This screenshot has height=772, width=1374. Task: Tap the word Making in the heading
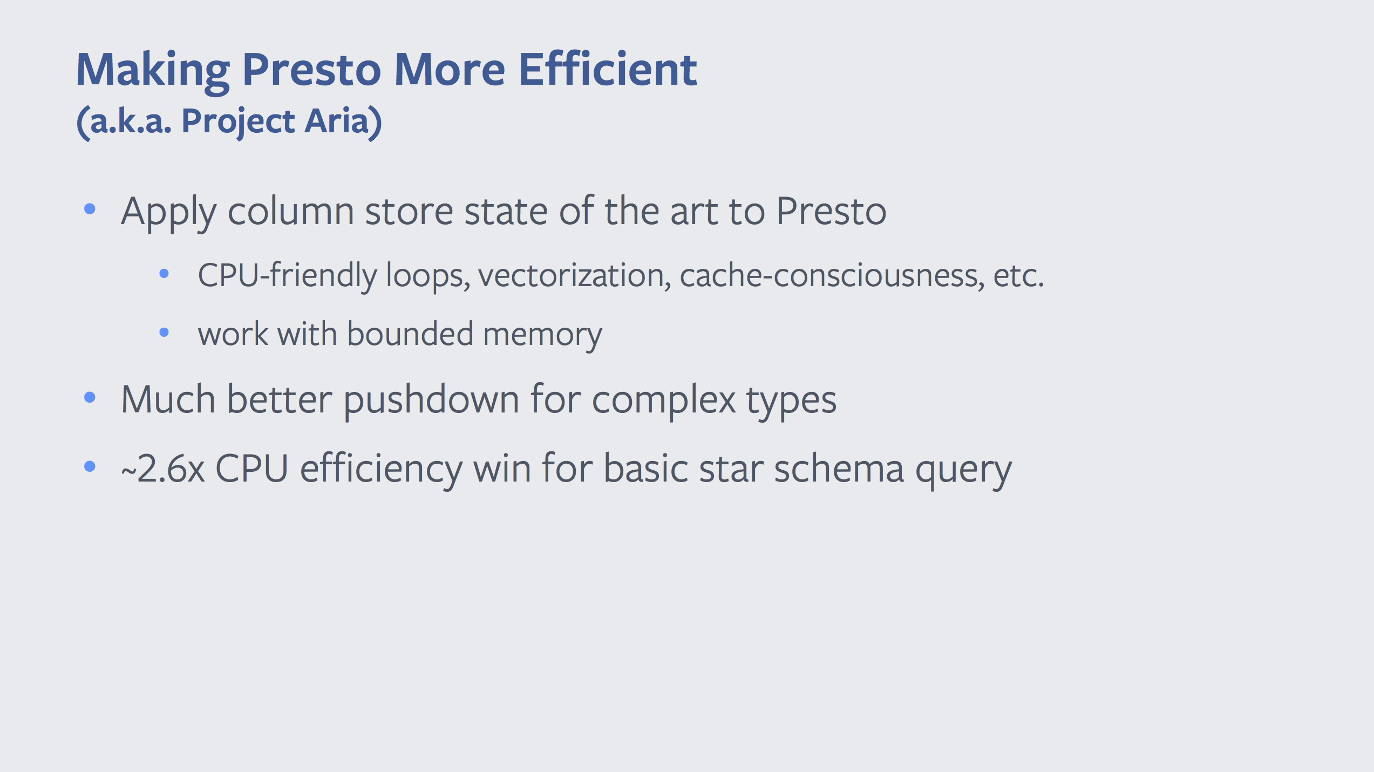click(153, 73)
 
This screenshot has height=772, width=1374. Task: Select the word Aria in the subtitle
click(337, 120)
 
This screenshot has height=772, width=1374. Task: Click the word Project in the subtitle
click(238, 123)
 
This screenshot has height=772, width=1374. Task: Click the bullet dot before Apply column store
click(90, 209)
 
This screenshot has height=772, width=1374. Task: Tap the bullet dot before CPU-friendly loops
click(165, 274)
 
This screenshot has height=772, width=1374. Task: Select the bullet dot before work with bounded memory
click(165, 333)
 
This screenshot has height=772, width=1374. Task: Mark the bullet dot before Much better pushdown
click(90, 398)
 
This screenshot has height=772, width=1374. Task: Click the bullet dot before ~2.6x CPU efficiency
click(90, 466)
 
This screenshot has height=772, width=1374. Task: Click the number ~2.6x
click(163, 469)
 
